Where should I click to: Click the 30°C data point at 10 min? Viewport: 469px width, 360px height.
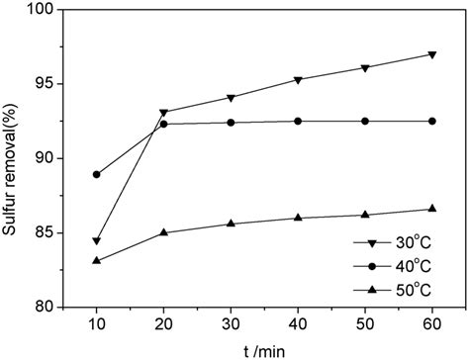coord(96,240)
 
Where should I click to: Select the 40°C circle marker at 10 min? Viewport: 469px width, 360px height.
coord(96,174)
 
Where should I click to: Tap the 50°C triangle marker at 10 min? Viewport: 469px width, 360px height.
coord(96,260)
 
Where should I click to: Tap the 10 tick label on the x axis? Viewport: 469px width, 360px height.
coord(96,323)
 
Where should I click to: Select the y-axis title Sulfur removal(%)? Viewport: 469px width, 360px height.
coord(13,158)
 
